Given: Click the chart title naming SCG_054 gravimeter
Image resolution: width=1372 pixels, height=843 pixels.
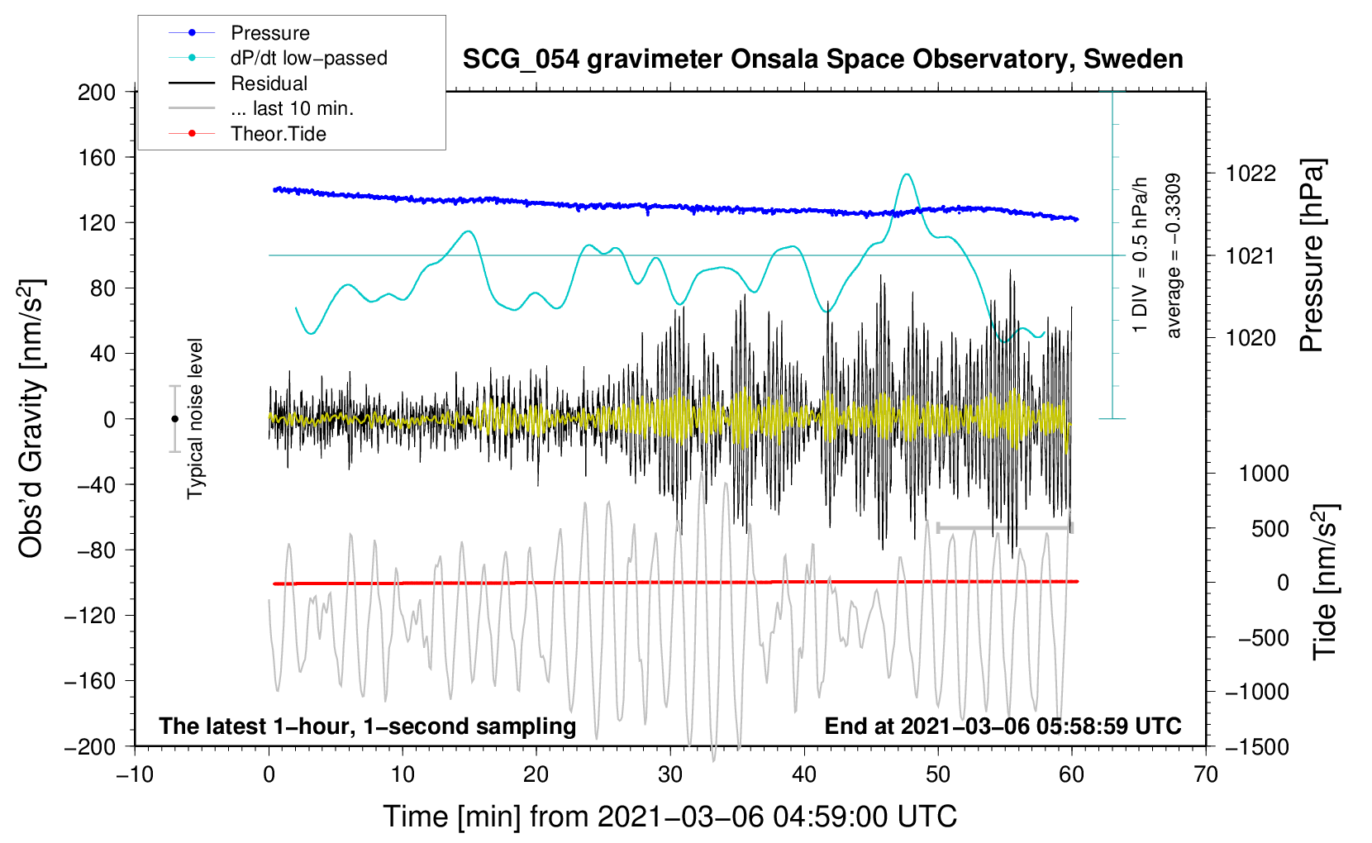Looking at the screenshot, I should [822, 60].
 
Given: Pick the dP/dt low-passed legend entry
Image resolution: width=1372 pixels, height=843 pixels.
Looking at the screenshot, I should [308, 58].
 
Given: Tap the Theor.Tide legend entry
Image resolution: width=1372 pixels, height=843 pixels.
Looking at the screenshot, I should [278, 134].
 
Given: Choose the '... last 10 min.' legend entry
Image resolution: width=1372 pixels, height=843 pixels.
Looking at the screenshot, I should [292, 108].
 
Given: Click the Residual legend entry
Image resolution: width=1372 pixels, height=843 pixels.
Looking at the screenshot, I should [269, 83].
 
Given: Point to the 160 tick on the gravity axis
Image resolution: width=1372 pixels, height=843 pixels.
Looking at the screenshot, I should [97, 157].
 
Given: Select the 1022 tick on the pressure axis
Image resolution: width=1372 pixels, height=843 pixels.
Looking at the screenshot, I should [1251, 174].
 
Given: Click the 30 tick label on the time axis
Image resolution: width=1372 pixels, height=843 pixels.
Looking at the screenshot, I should [670, 774].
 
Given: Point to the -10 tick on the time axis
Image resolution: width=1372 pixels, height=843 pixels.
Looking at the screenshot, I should [135, 774].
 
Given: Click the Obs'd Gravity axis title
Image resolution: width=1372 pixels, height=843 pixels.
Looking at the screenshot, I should [31, 419].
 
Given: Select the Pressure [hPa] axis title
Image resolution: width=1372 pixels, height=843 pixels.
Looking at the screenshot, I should [1312, 255].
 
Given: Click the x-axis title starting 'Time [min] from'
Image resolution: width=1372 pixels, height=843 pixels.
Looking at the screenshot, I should [669, 817].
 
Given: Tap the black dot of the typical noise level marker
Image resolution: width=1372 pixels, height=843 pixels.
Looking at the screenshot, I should [174, 419].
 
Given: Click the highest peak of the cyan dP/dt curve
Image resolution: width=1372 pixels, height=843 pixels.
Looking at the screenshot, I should [908, 174].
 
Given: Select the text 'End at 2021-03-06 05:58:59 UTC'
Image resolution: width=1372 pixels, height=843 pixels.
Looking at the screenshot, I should [1003, 726].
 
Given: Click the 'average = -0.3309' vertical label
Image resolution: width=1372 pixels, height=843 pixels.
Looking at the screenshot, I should [1174, 255].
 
